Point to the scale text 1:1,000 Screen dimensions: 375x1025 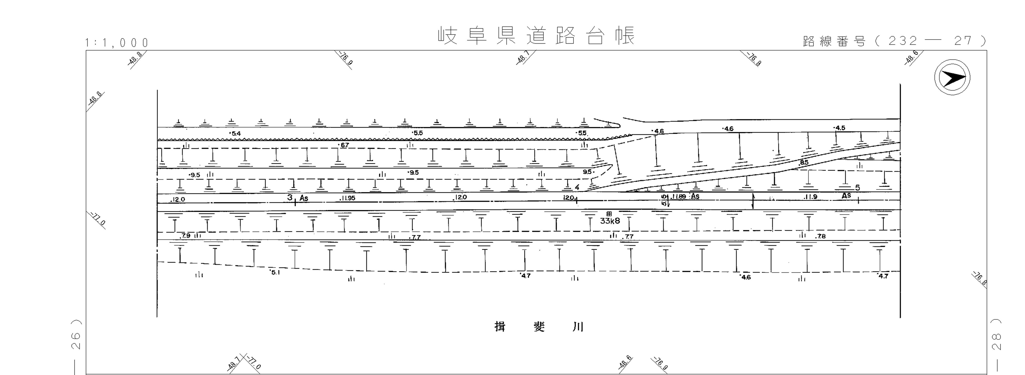tap(117, 43)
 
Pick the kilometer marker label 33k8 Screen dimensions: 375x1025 tap(610, 221)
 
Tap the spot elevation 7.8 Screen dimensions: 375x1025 tap(820, 236)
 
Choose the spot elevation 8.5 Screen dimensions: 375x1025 tap(804, 162)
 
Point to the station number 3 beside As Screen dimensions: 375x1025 tap(290, 197)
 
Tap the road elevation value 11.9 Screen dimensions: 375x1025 tap(810, 197)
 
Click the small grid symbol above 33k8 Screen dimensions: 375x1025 tap(609, 214)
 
